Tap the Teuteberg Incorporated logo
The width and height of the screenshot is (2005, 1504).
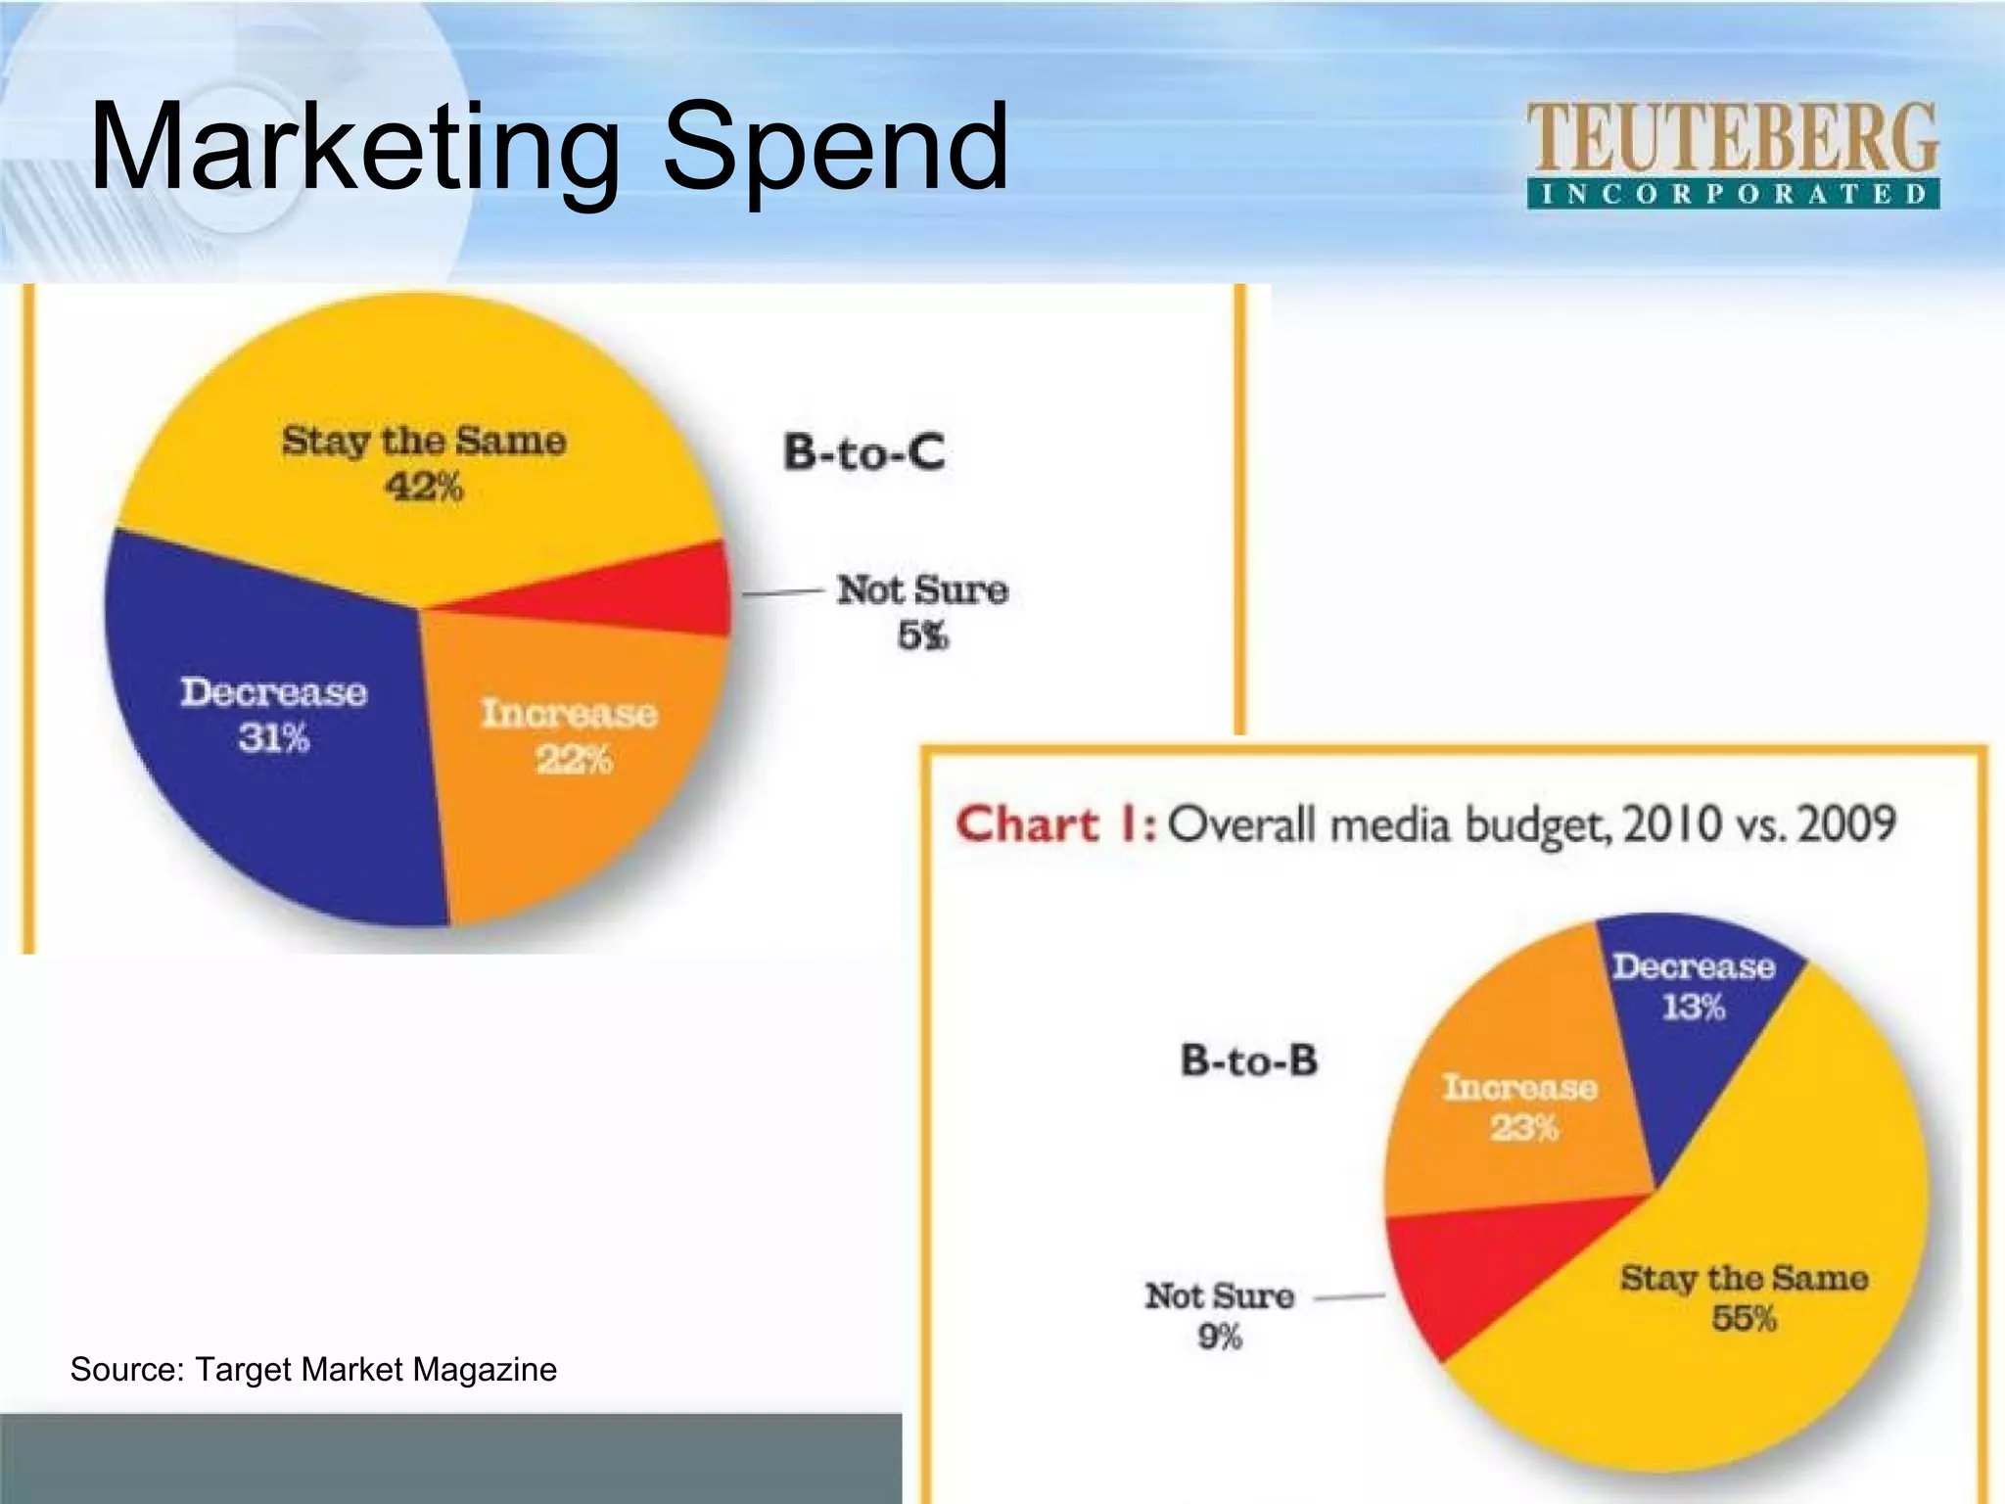(x=1732, y=155)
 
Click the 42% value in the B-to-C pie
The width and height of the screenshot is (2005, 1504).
(x=423, y=487)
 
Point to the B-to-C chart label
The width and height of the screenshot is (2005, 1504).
(x=863, y=452)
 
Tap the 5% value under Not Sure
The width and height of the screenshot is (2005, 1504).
(x=922, y=636)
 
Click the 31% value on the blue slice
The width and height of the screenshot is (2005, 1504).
(x=273, y=737)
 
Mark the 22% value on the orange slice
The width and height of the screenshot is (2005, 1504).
(x=574, y=759)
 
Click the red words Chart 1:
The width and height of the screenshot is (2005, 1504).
(x=1055, y=824)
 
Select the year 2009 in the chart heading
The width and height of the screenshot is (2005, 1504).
(x=1846, y=823)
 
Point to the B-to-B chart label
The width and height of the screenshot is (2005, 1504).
(x=1249, y=1060)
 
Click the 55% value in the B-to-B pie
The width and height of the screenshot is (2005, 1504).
(x=1744, y=1318)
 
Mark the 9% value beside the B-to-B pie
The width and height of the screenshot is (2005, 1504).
(x=1220, y=1337)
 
